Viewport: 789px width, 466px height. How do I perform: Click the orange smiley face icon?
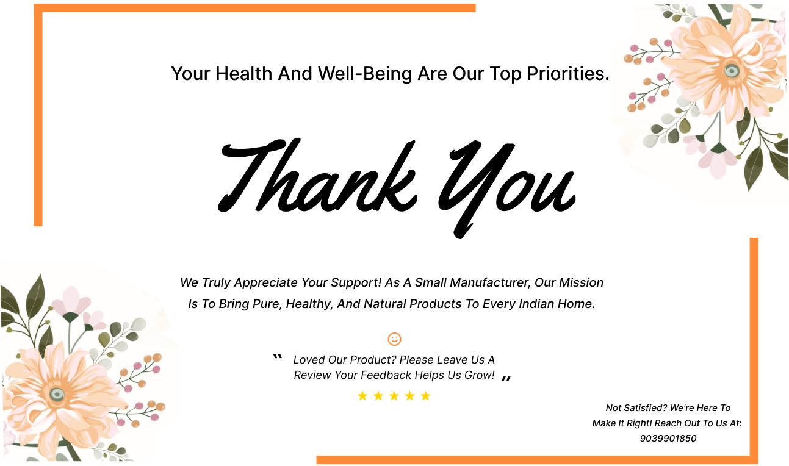[394, 339]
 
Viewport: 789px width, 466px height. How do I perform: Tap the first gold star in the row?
[362, 396]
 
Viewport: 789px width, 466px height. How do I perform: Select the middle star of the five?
[394, 396]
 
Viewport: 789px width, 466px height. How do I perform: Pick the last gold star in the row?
[425, 396]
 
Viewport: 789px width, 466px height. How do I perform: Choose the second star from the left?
[378, 396]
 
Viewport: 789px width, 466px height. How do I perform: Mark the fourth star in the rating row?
[409, 396]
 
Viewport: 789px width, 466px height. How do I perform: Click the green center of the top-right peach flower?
[732, 70]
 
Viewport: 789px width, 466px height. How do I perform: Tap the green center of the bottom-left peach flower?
[57, 394]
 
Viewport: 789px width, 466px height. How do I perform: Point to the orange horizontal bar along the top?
[256, 8]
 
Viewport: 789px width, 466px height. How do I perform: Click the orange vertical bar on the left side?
[38, 116]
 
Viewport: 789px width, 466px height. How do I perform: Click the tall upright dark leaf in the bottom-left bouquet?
[35, 296]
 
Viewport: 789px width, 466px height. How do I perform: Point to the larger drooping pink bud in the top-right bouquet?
[718, 161]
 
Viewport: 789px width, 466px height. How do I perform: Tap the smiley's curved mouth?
[395, 342]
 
